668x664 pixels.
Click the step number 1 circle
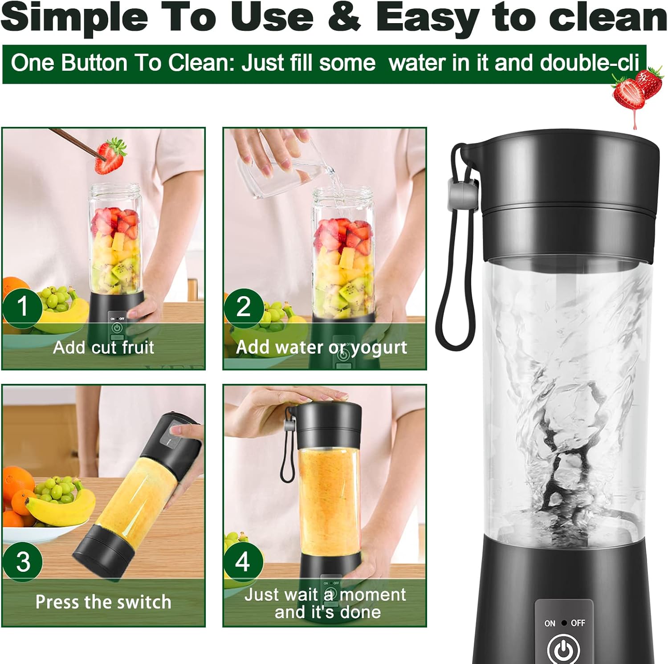(22, 307)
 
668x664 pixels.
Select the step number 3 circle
(23, 562)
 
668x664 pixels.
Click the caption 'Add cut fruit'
(103, 347)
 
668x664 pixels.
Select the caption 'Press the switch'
(103, 602)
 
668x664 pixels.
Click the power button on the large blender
(564, 650)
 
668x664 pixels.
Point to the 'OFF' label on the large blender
(578, 623)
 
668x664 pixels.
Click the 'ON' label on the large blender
(550, 623)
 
